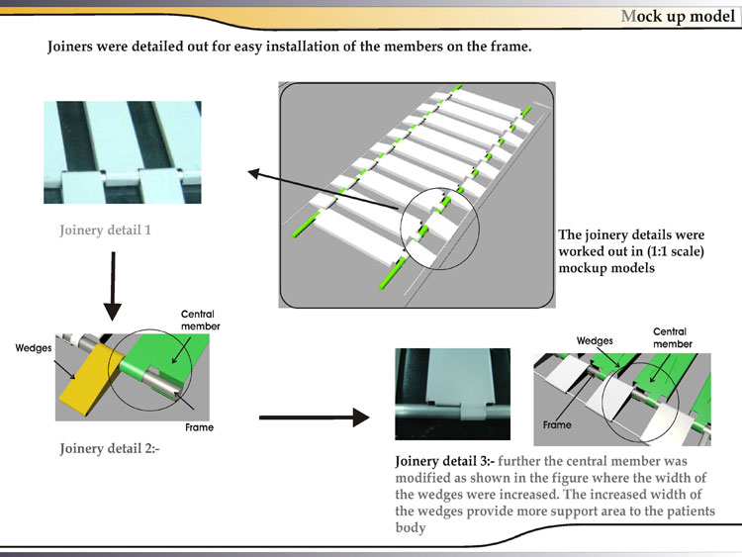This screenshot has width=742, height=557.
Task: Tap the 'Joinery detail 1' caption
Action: [x=105, y=231]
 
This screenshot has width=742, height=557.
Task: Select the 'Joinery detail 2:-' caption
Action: [x=109, y=448]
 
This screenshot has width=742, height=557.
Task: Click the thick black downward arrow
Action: [x=113, y=286]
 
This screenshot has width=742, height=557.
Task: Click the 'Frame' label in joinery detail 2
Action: [x=199, y=427]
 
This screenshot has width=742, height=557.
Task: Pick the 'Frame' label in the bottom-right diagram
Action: [x=557, y=423]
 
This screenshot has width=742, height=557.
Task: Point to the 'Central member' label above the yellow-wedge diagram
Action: [x=200, y=320]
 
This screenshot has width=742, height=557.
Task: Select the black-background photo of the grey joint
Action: [x=452, y=394]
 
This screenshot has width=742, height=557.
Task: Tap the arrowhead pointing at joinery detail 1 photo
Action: [x=253, y=174]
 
